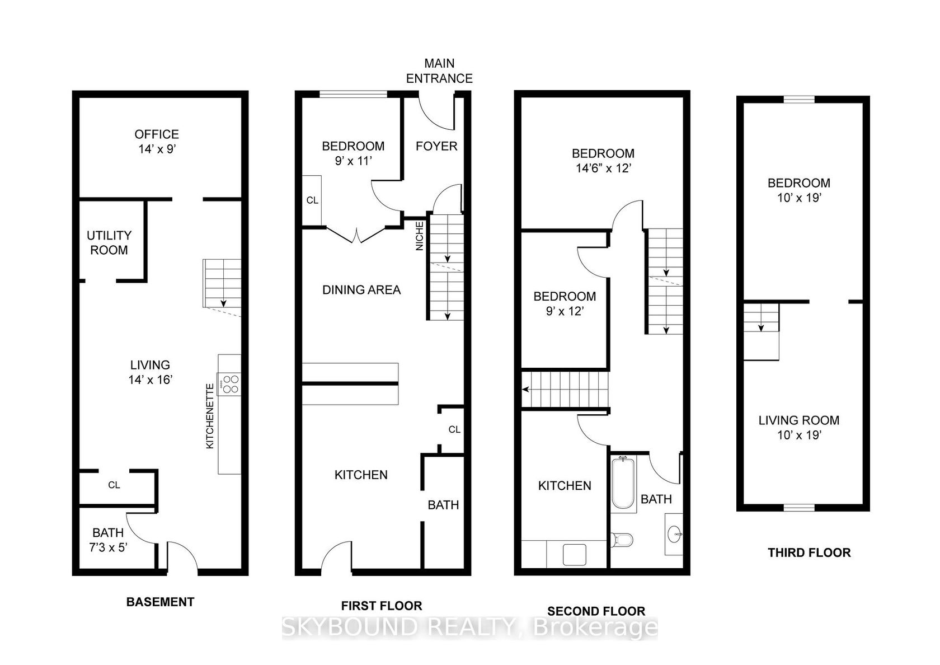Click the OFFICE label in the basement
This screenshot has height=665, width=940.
tap(157, 134)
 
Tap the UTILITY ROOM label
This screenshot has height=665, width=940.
tap(109, 243)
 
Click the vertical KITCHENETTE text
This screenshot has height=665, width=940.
tap(210, 415)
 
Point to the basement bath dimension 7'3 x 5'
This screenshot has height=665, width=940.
tap(109, 547)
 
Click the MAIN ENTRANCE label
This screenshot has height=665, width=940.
tap(439, 71)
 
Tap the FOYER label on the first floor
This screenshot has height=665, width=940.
tap(436, 146)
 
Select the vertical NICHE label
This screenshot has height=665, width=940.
tap(420, 236)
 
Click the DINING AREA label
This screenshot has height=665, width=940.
tap(361, 290)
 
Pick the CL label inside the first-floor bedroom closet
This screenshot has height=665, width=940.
tap(312, 200)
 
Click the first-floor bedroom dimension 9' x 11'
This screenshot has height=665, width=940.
tap(354, 161)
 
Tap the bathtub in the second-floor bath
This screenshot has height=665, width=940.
tap(623, 484)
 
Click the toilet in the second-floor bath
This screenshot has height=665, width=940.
tap(622, 540)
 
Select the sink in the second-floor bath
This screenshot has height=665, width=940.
tap(674, 535)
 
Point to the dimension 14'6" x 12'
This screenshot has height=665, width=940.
tap(603, 168)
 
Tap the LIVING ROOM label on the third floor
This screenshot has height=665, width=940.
tap(799, 420)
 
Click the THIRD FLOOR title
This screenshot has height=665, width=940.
tap(810, 552)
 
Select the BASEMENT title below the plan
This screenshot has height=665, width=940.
tap(160, 602)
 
